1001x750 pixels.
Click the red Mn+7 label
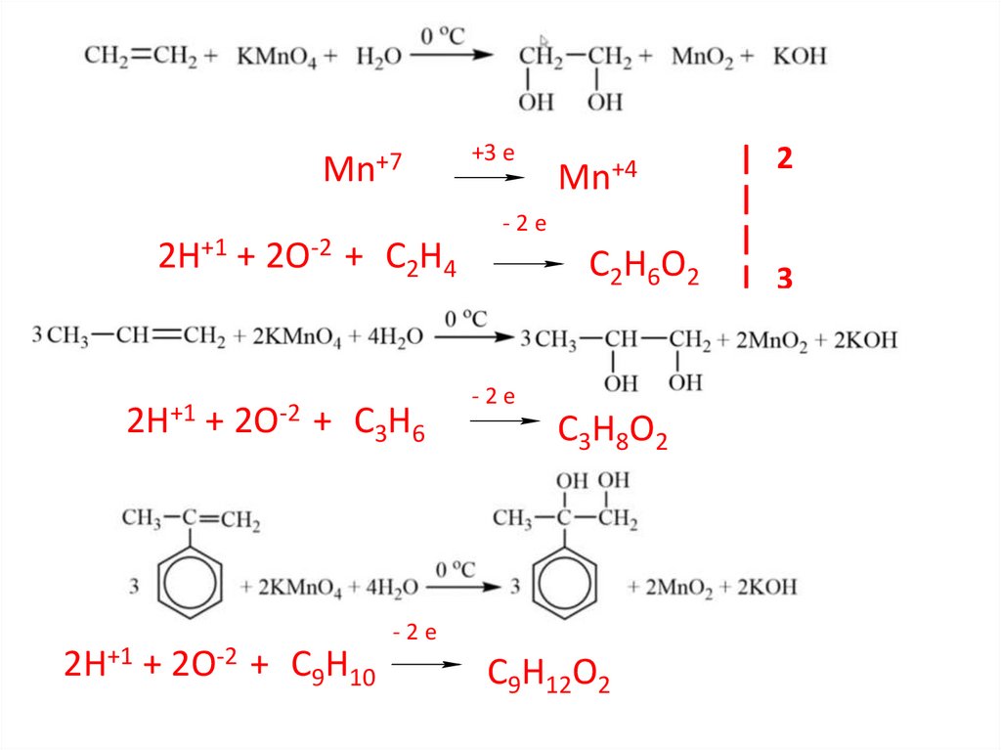[363, 170]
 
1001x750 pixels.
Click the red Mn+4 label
[597, 177]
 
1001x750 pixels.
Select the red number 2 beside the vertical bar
[784, 158]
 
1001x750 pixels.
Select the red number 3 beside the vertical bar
[784, 280]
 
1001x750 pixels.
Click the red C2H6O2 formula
[643, 267]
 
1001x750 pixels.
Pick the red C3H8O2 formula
[612, 431]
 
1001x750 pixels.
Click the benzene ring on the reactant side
[186, 585]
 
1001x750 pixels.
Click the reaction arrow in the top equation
[450, 55]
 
